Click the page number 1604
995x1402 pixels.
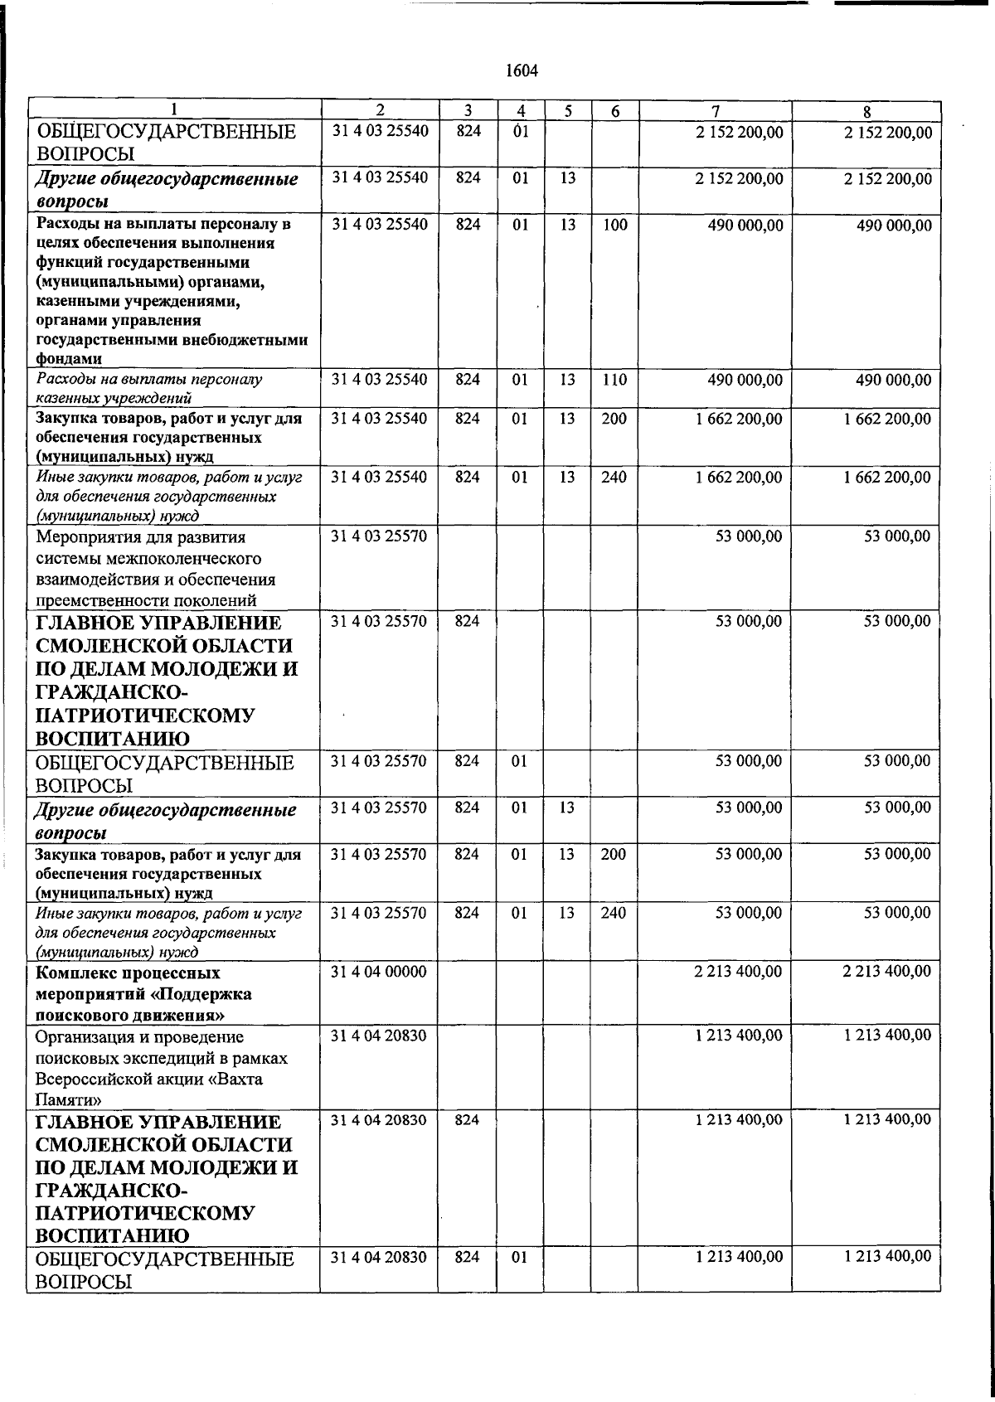pos(522,71)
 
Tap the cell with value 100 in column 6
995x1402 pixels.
pos(614,226)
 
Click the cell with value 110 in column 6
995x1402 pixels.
pos(614,380)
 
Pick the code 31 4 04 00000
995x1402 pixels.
pos(379,972)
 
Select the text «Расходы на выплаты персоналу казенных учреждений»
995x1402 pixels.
pos(149,389)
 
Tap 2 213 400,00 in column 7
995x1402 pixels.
pos(737,971)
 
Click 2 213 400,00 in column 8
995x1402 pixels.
pos(886,971)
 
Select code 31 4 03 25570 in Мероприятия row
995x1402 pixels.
pos(379,536)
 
